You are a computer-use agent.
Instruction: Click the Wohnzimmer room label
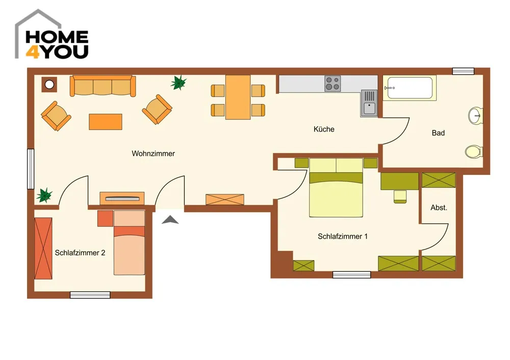pos(153,153)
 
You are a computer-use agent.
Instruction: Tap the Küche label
pos(324,129)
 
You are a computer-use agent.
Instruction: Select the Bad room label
pos(438,133)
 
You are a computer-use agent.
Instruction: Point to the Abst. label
pos(439,208)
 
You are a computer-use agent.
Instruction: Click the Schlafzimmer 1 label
pos(343,237)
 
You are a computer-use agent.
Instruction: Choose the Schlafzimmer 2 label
pos(80,253)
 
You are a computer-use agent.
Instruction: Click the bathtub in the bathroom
pos(409,88)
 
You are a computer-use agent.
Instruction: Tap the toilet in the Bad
pos(474,152)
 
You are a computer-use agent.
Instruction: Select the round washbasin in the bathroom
pos(476,115)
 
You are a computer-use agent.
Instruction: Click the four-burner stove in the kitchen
pos(333,84)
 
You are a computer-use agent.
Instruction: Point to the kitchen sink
pos(369,103)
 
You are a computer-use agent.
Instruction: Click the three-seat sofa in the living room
pos(103,86)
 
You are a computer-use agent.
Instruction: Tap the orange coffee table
pos(106,122)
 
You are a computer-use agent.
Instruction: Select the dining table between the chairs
pos(238,97)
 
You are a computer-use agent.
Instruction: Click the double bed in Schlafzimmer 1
pos(336,188)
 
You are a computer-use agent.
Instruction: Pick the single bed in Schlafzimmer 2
pos(129,243)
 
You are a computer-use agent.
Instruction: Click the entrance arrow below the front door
pos(170,220)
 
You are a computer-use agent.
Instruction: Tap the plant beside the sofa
pos(178,82)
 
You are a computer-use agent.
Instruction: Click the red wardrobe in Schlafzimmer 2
pos(43,248)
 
